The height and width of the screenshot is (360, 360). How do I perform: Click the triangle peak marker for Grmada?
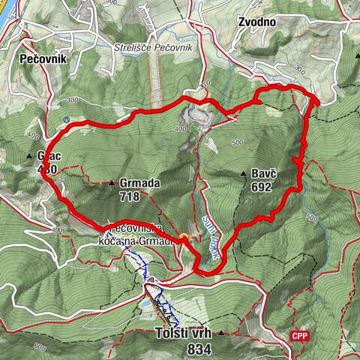coord(112,182)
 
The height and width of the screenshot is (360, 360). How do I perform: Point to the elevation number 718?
coord(129,197)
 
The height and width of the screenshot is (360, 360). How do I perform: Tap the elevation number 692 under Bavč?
coord(262,188)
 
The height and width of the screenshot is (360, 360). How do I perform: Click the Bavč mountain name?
coord(263,174)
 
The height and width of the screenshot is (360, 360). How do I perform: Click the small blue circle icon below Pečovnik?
coord(67,120)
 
